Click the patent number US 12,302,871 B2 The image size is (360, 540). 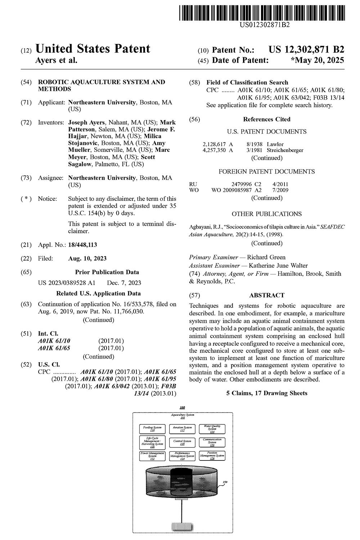[x=306, y=50]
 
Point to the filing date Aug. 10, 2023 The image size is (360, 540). [x=87, y=258]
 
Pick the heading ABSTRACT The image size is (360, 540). [x=267, y=295]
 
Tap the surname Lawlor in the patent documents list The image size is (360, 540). [x=275, y=144]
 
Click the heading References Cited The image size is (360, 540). [x=267, y=119]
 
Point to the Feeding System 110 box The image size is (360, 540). [x=152, y=429]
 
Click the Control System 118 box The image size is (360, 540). [x=182, y=442]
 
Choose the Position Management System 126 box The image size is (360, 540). [x=212, y=456]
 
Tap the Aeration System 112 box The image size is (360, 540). [x=182, y=429]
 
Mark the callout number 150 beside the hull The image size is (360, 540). [x=225, y=482]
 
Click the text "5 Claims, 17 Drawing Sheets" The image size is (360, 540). [x=267, y=393]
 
